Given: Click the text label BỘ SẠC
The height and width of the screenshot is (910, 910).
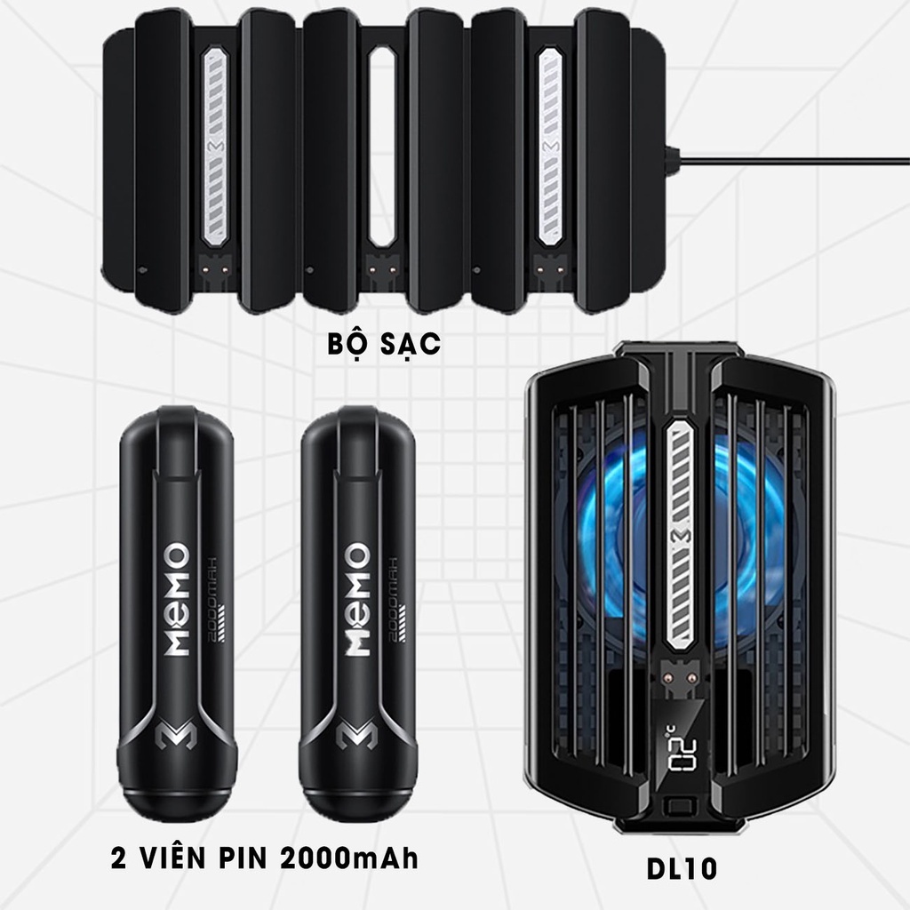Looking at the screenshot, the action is (383, 345).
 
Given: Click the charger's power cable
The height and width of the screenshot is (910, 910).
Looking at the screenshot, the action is (791, 161).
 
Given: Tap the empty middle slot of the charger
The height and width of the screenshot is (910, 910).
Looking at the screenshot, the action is (383, 147).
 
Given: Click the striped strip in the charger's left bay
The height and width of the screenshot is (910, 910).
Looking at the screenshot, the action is (216, 147).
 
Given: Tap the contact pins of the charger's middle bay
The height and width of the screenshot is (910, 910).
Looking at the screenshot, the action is (383, 264).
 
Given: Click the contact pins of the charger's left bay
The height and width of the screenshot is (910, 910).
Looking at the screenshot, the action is (216, 264).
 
